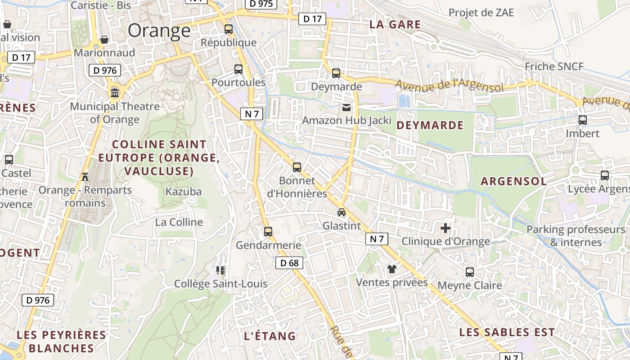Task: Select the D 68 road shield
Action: pos(289,263)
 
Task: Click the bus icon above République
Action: pos(229,29)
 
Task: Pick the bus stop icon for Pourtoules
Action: pos(238,69)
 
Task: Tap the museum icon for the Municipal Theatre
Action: pos(115,93)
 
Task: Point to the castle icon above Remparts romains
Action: pos(85,176)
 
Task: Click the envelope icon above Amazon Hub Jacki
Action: pos(346,107)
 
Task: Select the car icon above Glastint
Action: pos(342,212)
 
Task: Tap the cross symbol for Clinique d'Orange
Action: pos(445,228)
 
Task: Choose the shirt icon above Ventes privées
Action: pos(391,269)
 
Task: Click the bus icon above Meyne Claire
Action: pos(470,272)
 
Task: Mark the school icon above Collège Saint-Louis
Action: pos(220,270)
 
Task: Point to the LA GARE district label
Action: pos(395,25)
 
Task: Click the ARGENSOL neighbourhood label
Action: pos(514,181)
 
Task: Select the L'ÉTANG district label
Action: pos(270,336)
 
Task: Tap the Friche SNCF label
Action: pos(554,67)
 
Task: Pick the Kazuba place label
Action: pos(184,191)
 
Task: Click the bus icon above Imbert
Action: pos(583,120)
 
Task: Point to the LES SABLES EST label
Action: pos(507,333)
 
